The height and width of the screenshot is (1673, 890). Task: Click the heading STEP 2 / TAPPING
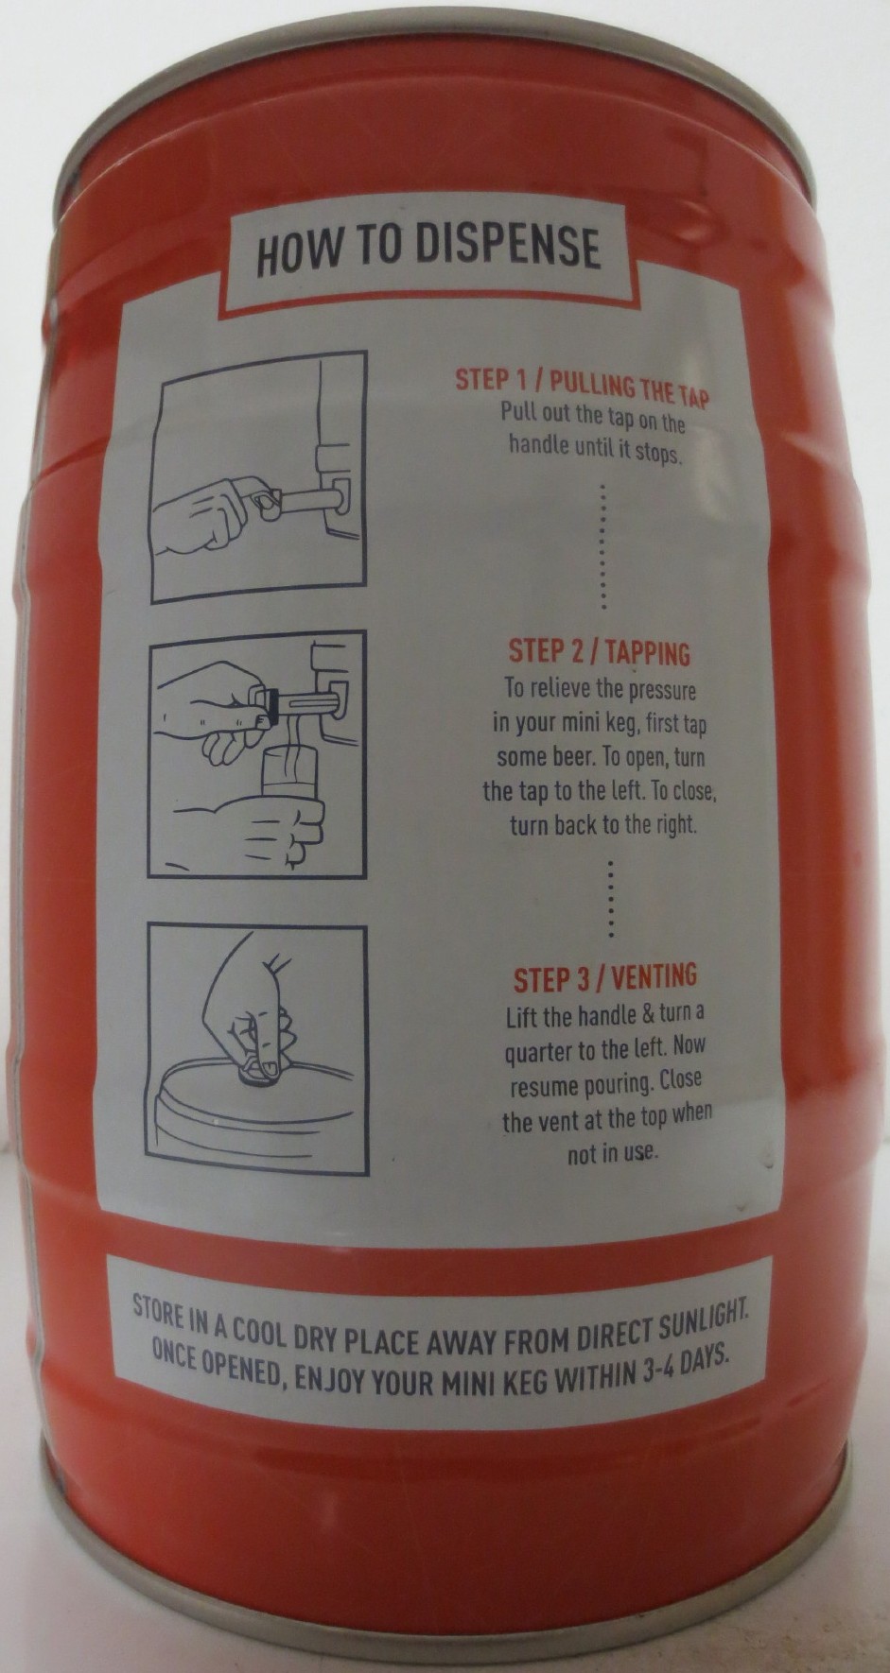point(600,651)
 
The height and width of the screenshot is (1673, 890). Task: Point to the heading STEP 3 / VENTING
point(605,977)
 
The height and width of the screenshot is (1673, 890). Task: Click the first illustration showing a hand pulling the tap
point(258,477)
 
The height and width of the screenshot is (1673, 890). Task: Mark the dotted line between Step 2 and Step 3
point(610,897)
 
